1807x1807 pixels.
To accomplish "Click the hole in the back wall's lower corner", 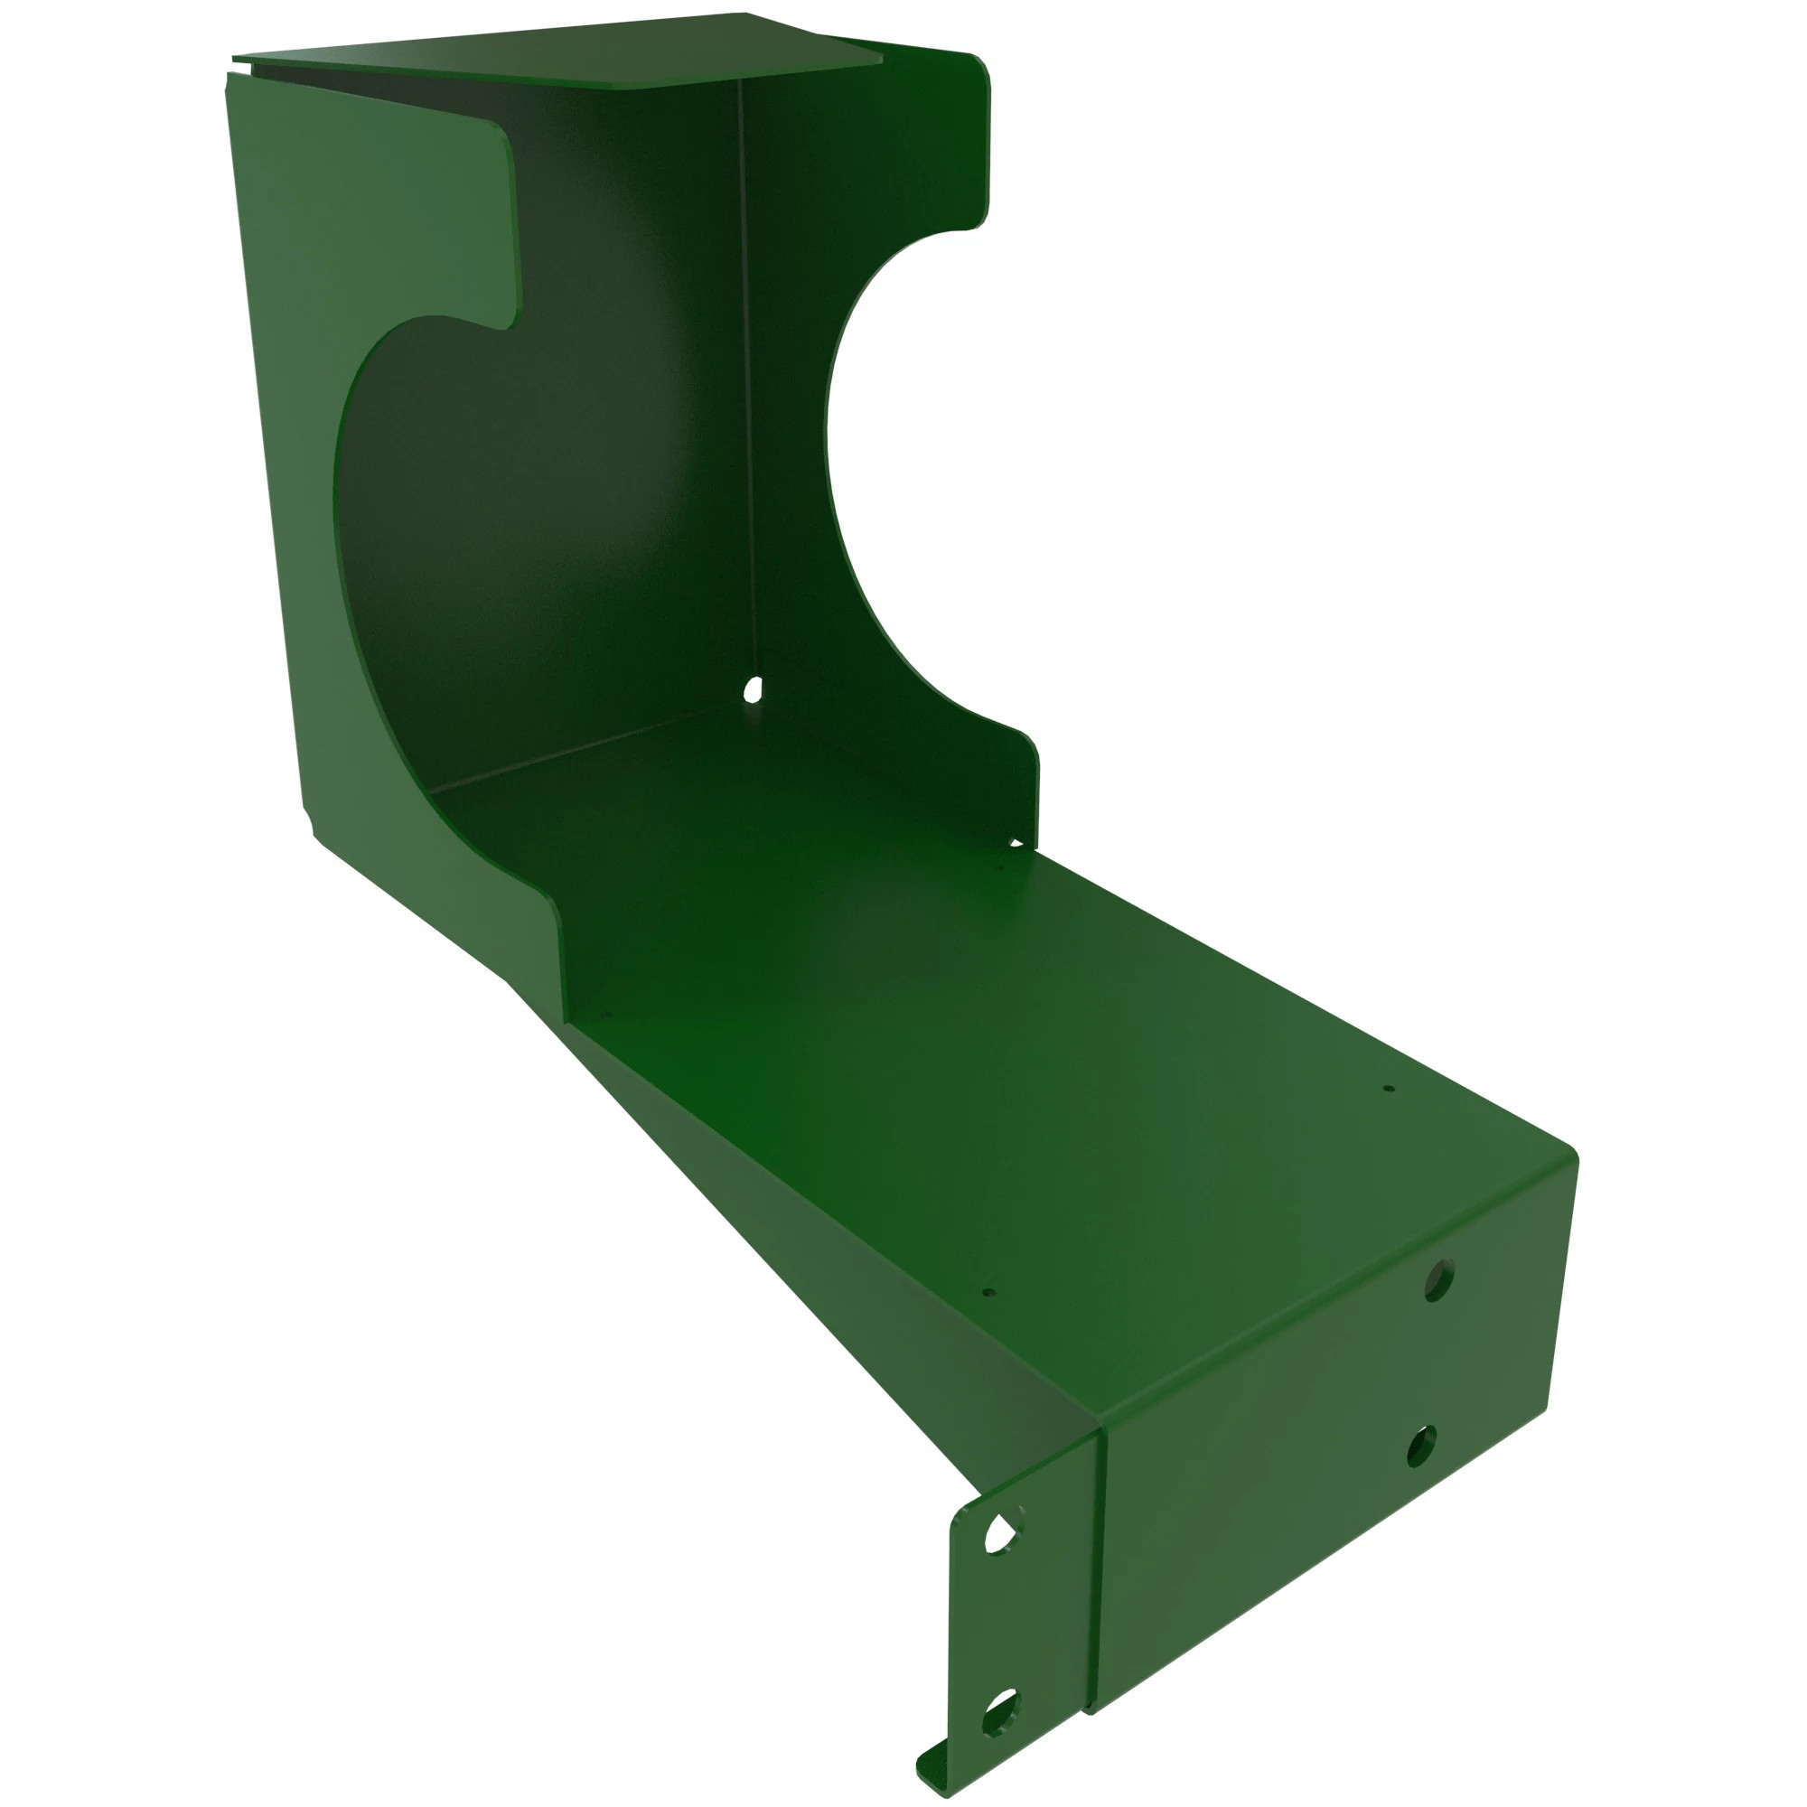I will [x=751, y=691].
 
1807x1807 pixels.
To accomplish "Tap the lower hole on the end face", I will [x=1421, y=1446].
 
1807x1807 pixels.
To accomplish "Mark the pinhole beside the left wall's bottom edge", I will [x=605, y=1013].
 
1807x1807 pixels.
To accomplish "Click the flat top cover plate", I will [x=561, y=51].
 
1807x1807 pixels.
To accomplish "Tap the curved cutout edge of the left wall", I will [x=342, y=524].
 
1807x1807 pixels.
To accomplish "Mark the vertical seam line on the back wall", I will [x=745, y=374].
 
